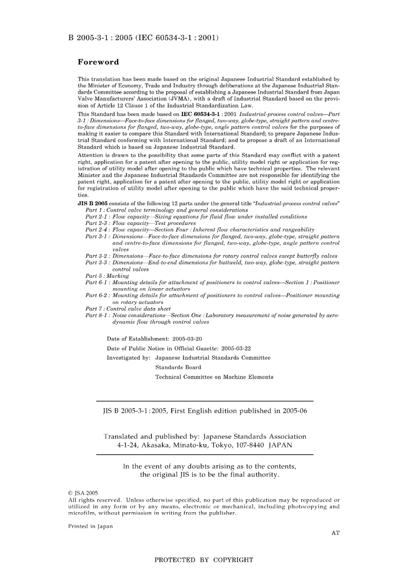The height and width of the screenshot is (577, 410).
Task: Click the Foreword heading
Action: pyautogui.click(x=98, y=62)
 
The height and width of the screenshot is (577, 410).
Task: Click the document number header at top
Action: pyautogui.click(x=143, y=38)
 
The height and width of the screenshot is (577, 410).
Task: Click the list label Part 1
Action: pyautogui.click(x=94, y=210)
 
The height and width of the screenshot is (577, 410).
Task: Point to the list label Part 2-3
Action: pyautogui.click(x=97, y=223)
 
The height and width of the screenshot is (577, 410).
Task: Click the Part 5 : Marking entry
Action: pyautogui.click(x=107, y=276)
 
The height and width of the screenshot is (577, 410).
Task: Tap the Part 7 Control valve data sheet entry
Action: pyautogui.click(x=128, y=309)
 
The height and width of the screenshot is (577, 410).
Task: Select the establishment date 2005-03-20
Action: pyautogui.click(x=187, y=339)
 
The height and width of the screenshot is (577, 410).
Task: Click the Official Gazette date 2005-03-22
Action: pyautogui.click(x=236, y=349)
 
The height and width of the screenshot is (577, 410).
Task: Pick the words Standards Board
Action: pyautogui.click(x=178, y=368)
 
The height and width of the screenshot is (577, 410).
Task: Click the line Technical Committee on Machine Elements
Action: pyautogui.click(x=214, y=377)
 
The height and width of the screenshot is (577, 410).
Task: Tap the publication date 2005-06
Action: pyautogui.click(x=295, y=411)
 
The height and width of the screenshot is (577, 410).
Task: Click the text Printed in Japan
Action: pyautogui.click(x=90, y=526)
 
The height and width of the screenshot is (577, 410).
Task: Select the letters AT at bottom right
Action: pyautogui.click(x=335, y=533)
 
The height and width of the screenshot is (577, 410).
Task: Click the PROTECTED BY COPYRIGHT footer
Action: pyautogui.click(x=204, y=560)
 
